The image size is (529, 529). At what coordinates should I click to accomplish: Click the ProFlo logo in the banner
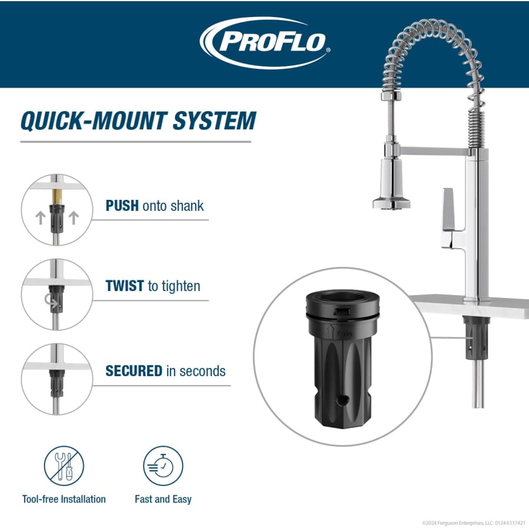click(266, 43)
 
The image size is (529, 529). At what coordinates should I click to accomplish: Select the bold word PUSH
click(122, 206)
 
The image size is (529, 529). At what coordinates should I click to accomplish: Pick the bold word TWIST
click(125, 286)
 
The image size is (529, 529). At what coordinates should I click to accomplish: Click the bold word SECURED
click(133, 371)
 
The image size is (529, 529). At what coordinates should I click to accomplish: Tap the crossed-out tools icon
click(64, 466)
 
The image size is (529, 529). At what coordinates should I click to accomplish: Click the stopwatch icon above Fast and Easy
click(163, 466)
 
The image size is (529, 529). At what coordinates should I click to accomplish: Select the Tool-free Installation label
click(64, 499)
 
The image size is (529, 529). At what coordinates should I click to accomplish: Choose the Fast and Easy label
click(163, 499)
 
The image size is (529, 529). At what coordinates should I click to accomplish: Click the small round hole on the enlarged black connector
click(343, 400)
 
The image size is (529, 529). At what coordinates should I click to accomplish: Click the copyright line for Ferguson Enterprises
click(473, 523)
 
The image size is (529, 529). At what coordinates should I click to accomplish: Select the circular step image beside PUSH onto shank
click(57, 210)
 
